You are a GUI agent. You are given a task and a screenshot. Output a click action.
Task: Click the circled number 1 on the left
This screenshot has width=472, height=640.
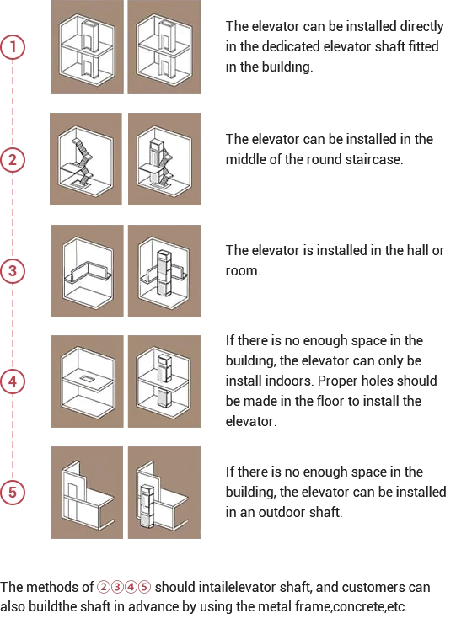pos(13,47)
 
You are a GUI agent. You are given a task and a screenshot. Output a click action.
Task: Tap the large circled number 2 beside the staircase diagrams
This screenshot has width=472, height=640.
pos(13,160)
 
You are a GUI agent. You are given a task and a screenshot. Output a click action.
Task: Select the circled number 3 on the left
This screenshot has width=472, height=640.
pos(13,270)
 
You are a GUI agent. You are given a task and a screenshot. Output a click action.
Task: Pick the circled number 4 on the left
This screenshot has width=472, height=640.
pos(13,381)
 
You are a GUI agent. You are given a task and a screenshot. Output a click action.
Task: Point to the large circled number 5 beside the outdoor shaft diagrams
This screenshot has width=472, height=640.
pos(13,492)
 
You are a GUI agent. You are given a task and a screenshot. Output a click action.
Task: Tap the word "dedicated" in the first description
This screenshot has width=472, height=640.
pos(291,46)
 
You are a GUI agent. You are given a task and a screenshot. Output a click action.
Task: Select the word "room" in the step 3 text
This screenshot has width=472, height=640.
pos(242,270)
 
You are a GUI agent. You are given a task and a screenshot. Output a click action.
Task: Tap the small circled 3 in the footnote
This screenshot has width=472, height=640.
pos(117,587)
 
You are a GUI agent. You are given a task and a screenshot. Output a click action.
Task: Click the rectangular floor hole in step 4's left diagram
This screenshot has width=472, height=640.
pos(87,379)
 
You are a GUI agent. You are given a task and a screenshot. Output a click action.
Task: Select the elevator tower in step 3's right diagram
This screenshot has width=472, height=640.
pos(164,273)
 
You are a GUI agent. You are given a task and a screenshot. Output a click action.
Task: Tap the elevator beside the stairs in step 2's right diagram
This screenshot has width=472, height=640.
pos(156,162)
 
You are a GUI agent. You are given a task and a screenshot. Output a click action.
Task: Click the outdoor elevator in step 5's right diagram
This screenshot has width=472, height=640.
pos(147,506)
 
